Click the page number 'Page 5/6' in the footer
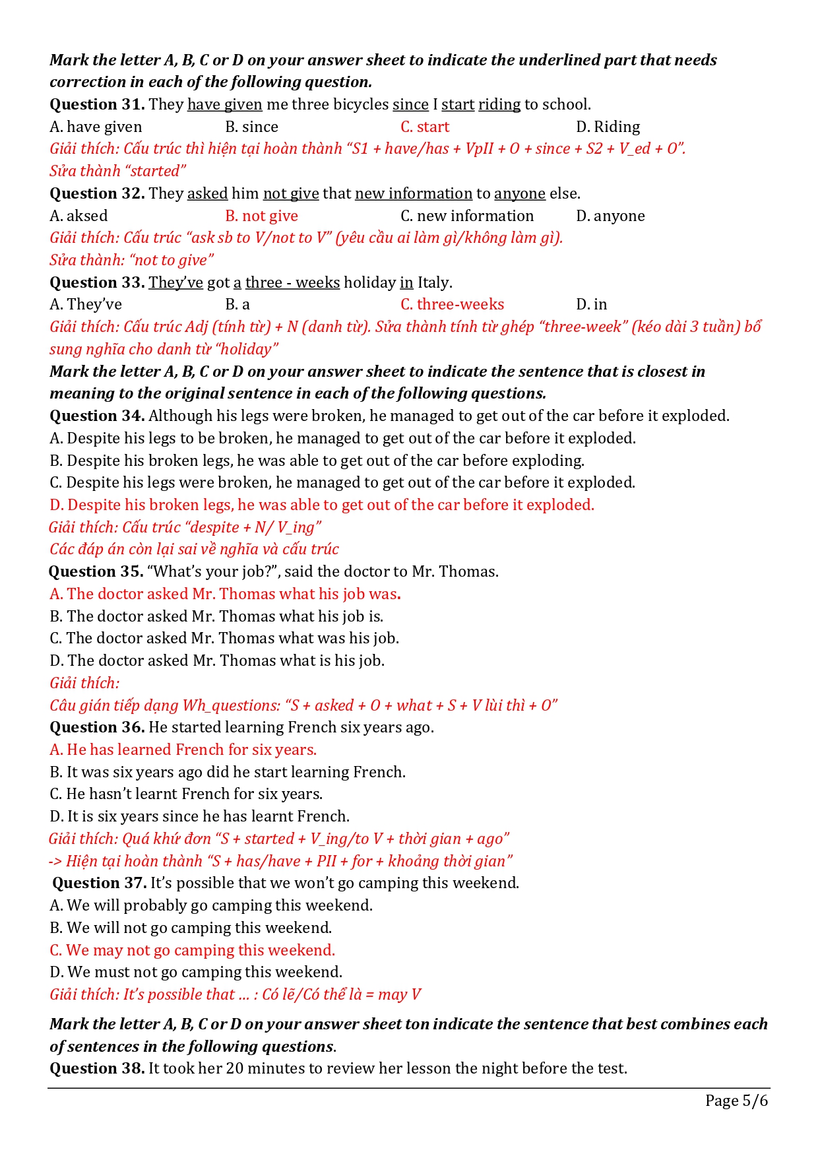click(x=736, y=1100)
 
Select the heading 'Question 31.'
click(x=97, y=104)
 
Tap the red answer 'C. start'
click(x=425, y=127)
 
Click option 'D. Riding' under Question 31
click(x=608, y=127)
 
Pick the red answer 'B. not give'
click(x=261, y=216)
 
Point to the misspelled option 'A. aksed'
click(x=79, y=216)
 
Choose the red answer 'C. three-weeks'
click(x=452, y=304)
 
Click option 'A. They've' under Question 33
click(x=86, y=304)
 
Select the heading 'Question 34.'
click(x=97, y=416)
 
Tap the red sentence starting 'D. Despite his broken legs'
click(x=322, y=505)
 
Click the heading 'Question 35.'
click(x=96, y=571)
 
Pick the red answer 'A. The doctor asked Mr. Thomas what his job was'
click(x=224, y=594)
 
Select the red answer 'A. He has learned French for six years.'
click(x=183, y=750)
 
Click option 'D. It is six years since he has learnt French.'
click(x=199, y=816)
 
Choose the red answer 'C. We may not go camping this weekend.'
click(x=193, y=950)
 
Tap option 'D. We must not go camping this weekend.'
click(x=196, y=972)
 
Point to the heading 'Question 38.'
click(x=97, y=1068)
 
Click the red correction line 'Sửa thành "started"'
click(x=117, y=171)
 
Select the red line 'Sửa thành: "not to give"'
click(x=132, y=260)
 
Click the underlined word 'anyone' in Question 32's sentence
click(x=520, y=193)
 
